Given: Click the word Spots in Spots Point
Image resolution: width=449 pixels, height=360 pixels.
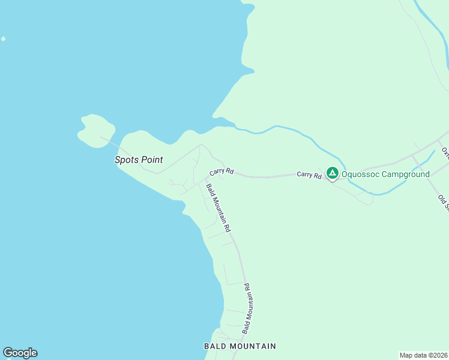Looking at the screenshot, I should pyautogui.click(x=126, y=160).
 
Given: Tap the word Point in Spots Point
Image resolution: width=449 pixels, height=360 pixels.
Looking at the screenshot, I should pyautogui.click(x=151, y=160).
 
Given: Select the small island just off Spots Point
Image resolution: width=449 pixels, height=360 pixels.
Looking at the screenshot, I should pyautogui.click(x=96, y=130).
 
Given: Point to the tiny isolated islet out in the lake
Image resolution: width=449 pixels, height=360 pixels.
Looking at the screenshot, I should pyautogui.click(x=3, y=39).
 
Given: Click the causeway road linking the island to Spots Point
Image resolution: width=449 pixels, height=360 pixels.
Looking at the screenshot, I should pyautogui.click(x=112, y=142).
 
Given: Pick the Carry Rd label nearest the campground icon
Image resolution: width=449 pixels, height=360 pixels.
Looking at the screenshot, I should pyautogui.click(x=309, y=175).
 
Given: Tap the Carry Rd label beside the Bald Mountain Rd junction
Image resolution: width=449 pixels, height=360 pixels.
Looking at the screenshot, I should pyautogui.click(x=221, y=172).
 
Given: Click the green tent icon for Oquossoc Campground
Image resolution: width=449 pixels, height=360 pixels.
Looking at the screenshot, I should pyautogui.click(x=332, y=173).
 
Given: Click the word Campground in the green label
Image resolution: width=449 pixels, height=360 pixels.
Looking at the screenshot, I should pyautogui.click(x=406, y=175).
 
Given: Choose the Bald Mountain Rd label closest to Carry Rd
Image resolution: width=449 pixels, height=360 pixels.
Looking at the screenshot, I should pyautogui.click(x=218, y=208).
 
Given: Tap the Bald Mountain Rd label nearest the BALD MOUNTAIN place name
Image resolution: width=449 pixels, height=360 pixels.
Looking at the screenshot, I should pyautogui.click(x=246, y=308).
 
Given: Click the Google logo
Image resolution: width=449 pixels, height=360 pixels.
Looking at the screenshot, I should pyautogui.click(x=20, y=353).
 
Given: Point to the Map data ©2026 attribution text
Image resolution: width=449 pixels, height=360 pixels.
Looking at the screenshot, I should pyautogui.click(x=424, y=355).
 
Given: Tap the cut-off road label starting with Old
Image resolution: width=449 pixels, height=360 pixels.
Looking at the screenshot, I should pyautogui.click(x=444, y=203).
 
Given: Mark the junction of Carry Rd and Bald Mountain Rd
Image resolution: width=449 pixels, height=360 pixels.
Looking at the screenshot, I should pyautogui.click(x=206, y=178).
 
